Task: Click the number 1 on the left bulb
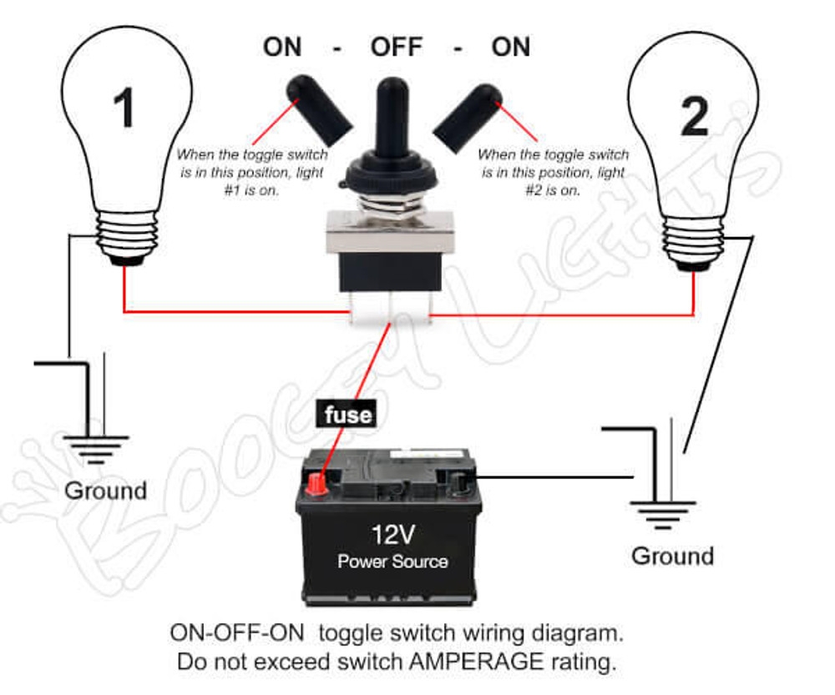tap(124, 108)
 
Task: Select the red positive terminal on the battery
tap(318, 483)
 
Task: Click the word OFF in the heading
tap(397, 47)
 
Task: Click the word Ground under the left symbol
tap(105, 491)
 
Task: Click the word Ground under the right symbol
tap(672, 556)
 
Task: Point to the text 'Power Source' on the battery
tap(392, 562)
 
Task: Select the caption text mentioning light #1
tap(252, 172)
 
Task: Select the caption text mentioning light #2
tap(554, 172)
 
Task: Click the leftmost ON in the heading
tap(281, 47)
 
